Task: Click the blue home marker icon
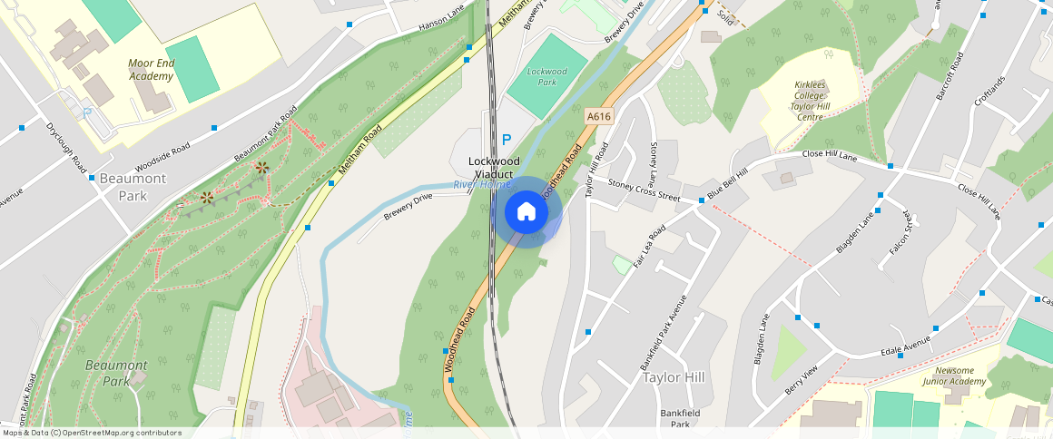tap(526, 212)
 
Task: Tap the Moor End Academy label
tap(151, 70)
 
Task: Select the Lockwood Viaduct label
tap(491, 167)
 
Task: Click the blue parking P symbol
tap(507, 140)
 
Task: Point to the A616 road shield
tap(599, 116)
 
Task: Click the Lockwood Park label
tap(546, 76)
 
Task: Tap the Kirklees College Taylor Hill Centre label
tap(808, 100)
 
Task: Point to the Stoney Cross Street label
tap(644, 190)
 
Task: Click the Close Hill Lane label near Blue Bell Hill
tap(830, 156)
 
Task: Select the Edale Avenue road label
tap(905, 345)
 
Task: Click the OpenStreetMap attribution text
tap(91, 433)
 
